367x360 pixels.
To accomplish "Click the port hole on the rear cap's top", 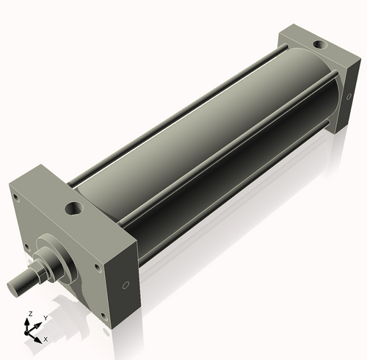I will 319,46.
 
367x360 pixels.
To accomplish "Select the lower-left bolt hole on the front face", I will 26,246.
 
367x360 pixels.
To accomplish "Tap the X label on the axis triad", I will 46,339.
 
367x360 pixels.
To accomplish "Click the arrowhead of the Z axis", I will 29,320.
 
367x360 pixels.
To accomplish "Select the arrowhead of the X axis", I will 39,338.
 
